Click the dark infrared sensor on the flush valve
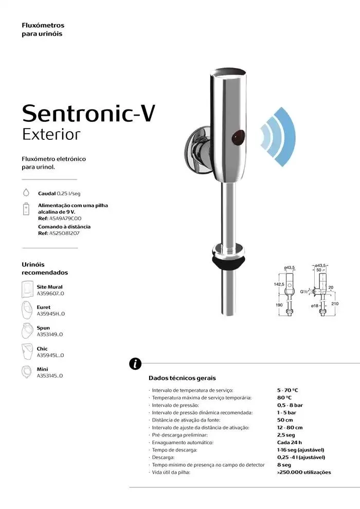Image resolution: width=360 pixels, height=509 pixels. coord(238,137)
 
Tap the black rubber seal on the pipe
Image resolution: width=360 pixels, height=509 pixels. coord(228,261)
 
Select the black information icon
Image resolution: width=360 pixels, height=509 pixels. coord(135,364)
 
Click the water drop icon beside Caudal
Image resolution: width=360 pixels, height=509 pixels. coord(26,192)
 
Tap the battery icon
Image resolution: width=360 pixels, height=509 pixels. coord(26,209)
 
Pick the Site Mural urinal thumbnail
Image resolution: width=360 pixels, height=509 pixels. coord(27,289)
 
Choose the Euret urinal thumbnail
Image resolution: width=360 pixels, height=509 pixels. coord(27,310)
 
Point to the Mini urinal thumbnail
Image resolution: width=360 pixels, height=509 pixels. coord(26,372)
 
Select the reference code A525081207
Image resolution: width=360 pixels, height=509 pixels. coord(64,233)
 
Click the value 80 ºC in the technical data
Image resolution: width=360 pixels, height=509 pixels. coord(284,397)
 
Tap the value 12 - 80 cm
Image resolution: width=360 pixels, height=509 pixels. coord(290,428)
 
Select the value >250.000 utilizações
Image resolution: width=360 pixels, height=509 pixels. coord(304,472)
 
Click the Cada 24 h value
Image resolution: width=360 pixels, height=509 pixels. coord(290,443)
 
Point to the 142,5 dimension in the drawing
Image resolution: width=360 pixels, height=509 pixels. coord(279,284)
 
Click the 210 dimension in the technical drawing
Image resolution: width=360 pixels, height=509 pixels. coord(335,303)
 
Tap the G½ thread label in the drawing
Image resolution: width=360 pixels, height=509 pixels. coord(303,292)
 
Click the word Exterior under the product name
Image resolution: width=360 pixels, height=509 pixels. coord(51,134)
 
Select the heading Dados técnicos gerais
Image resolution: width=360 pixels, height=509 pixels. coord(182,378)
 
